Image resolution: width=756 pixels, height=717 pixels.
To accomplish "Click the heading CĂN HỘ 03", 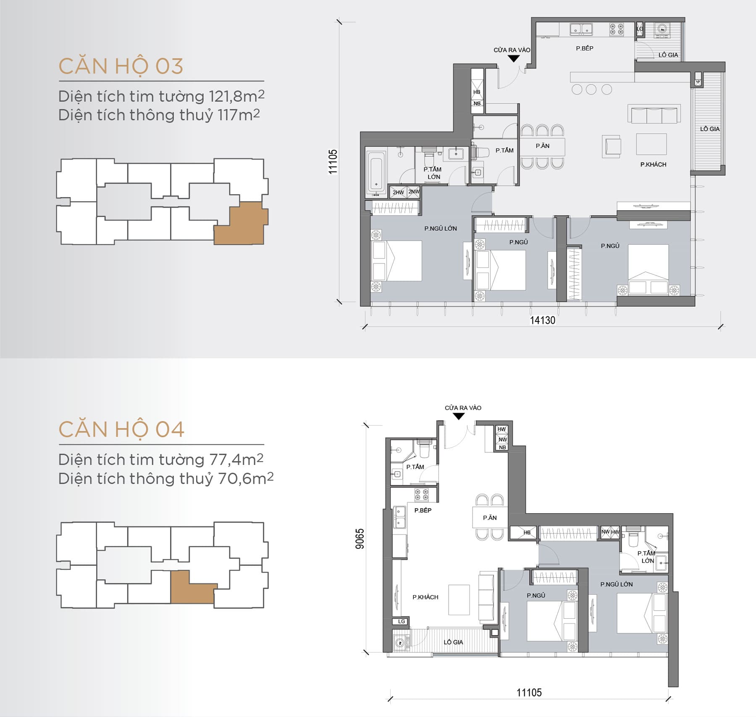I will [121, 66].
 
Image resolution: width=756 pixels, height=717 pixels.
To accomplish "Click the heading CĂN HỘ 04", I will [121, 429].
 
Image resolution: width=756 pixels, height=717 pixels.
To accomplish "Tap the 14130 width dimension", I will [542, 320].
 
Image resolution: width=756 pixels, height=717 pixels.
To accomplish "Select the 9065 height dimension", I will [360, 538].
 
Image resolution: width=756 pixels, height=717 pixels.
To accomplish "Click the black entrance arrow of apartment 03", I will [513, 59].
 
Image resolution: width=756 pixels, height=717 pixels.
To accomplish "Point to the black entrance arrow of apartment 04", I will [459, 416].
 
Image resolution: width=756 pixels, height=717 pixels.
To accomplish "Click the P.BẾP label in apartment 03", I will [584, 48].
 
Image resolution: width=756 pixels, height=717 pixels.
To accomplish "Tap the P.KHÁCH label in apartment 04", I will [425, 597].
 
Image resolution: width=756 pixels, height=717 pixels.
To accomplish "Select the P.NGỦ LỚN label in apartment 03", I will [440, 228].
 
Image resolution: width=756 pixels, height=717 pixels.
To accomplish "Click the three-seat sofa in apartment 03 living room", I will [654, 114].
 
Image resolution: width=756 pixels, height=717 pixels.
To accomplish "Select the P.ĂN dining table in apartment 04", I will [490, 518].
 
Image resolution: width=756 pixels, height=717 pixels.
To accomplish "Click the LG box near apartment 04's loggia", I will [401, 621].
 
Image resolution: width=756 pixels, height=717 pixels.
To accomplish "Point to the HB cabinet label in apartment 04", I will [527, 532].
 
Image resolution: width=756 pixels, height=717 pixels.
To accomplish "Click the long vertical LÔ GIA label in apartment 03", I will [709, 129].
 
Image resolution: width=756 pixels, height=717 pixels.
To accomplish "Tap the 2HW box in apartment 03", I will [398, 192].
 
